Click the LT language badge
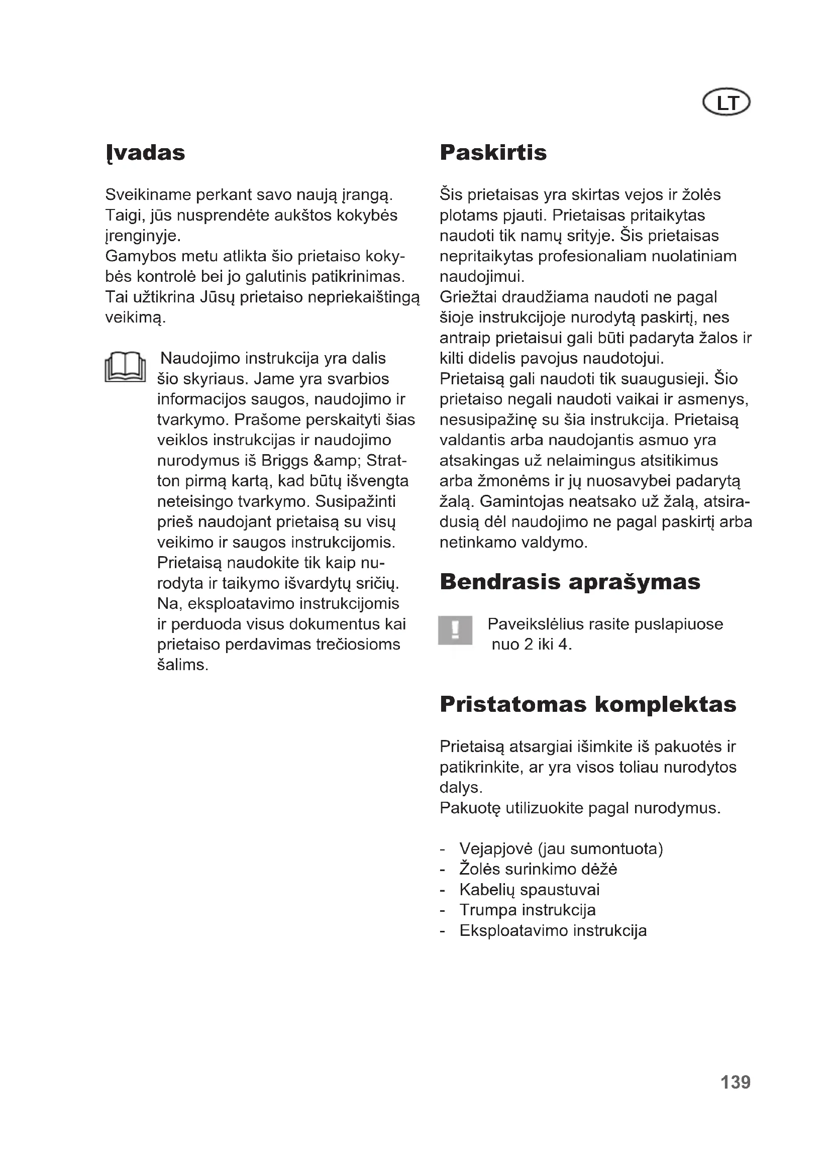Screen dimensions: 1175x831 pyautogui.click(x=726, y=103)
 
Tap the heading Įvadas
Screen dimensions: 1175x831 pyautogui.click(x=145, y=153)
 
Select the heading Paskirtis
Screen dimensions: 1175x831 pyautogui.click(x=493, y=153)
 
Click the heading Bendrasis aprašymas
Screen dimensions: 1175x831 pyautogui.click(x=570, y=582)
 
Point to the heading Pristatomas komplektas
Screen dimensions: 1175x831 pyautogui.click(x=588, y=704)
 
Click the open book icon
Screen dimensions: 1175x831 pyautogui.click(x=125, y=367)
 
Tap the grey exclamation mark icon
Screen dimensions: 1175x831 pyautogui.click(x=455, y=630)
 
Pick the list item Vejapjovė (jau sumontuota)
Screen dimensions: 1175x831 pyautogui.click(x=561, y=849)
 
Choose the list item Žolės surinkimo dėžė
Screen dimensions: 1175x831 pyautogui.click(x=538, y=870)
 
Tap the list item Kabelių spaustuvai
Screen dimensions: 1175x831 pyautogui.click(x=529, y=890)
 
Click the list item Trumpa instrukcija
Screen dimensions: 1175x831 pyautogui.click(x=527, y=910)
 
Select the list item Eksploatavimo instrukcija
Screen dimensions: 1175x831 pyautogui.click(x=553, y=931)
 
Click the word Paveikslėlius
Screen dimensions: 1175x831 pyautogui.click(x=535, y=624)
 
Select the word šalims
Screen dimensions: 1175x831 pyautogui.click(x=182, y=665)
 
